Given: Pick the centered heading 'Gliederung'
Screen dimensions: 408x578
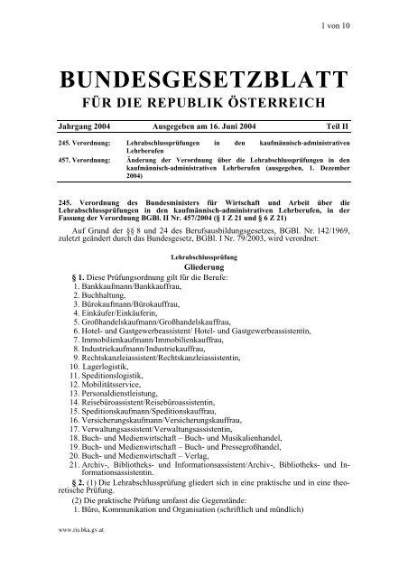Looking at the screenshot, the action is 203,268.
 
